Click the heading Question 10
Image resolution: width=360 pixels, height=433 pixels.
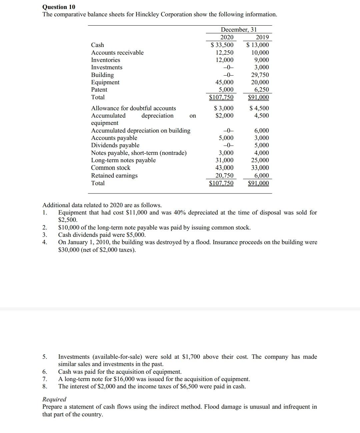(x=59, y=7)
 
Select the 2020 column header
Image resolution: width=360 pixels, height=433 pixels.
(x=227, y=37)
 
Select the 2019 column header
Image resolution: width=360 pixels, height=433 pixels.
(x=262, y=37)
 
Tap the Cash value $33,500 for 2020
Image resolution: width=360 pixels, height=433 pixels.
(x=222, y=45)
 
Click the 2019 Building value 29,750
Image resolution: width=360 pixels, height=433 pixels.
(x=260, y=75)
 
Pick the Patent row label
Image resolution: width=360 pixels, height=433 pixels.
(x=99, y=90)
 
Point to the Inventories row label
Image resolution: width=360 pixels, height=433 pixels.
(x=106, y=60)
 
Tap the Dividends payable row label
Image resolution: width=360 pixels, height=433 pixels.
(x=115, y=145)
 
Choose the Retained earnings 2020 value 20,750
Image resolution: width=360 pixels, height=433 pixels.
(x=224, y=176)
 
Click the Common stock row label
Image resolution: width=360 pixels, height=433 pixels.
(x=111, y=168)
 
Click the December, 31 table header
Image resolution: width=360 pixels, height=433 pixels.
(x=239, y=30)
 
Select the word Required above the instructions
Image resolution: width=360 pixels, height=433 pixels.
(x=54, y=399)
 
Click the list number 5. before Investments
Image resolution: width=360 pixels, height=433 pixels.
(x=45, y=357)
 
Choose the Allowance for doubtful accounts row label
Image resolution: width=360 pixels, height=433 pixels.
(x=133, y=108)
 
